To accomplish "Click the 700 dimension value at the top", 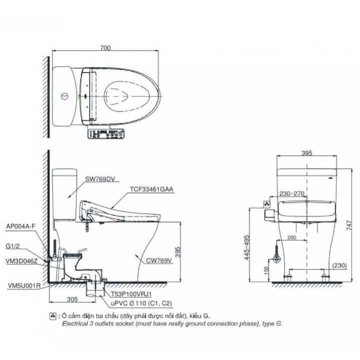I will coord(104,48).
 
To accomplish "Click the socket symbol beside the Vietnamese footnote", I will coord(53,316).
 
